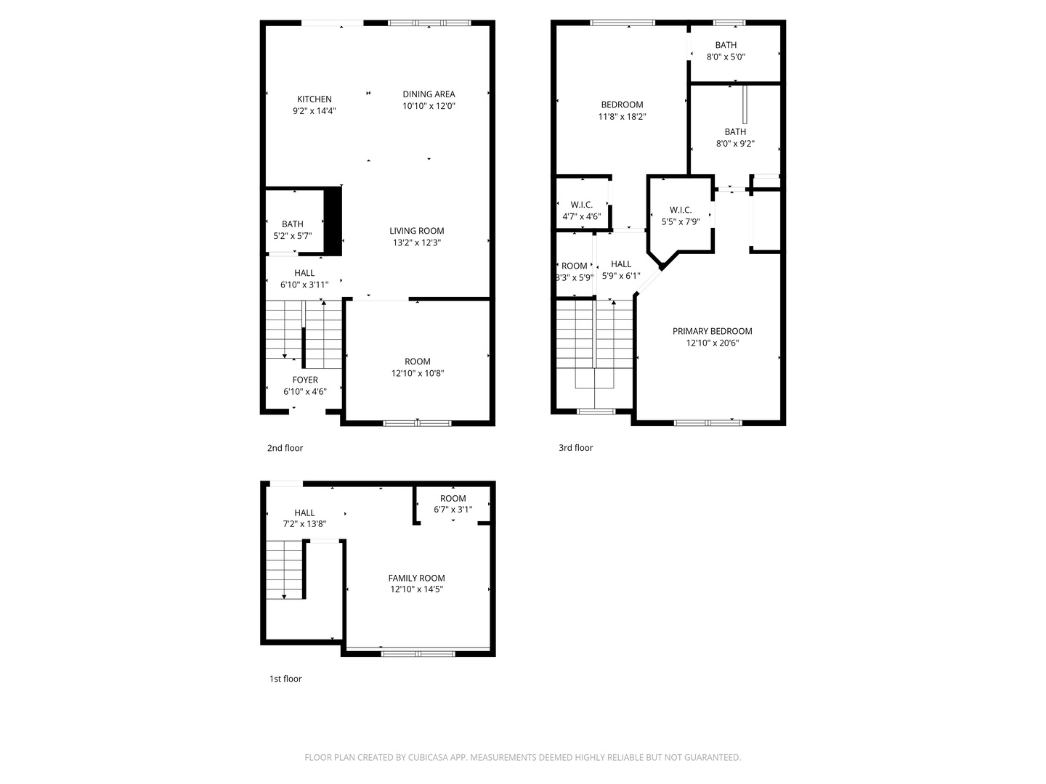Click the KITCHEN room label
point(314,99)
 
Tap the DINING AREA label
point(429,94)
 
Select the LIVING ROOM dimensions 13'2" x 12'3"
point(416,242)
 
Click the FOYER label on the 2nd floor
point(305,380)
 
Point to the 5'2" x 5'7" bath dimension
point(292,236)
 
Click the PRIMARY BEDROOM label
point(712,331)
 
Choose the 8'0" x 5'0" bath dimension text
point(725,57)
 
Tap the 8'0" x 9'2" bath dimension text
point(735,143)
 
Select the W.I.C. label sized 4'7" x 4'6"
point(581,205)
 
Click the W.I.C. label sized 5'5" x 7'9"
point(680,210)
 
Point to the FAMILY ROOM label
point(416,578)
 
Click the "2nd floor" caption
point(285,448)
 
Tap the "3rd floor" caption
point(575,447)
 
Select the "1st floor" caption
point(285,679)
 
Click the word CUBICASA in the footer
point(428,757)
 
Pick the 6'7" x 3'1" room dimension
point(453,510)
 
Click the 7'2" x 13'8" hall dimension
point(304,524)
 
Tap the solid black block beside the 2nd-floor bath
point(333,221)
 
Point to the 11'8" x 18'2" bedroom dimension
point(622,117)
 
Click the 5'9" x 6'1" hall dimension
point(621,276)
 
